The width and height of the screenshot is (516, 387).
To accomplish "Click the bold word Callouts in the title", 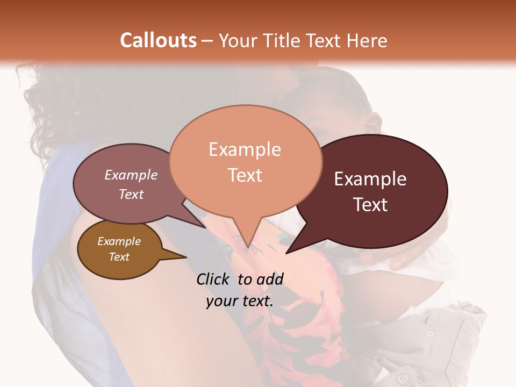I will (x=158, y=40).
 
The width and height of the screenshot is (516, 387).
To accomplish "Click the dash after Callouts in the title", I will (x=207, y=41).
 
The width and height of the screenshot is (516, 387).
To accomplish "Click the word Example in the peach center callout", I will (x=245, y=149).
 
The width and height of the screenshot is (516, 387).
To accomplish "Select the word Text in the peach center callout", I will (x=245, y=175).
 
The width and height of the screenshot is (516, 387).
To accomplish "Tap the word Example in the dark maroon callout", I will (x=370, y=179).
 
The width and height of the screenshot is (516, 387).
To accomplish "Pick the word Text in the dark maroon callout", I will (x=370, y=205).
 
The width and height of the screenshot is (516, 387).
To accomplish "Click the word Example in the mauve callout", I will (x=131, y=175).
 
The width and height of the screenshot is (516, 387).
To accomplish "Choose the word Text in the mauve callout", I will (x=131, y=194).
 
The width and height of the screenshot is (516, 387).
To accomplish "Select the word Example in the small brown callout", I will (x=119, y=241).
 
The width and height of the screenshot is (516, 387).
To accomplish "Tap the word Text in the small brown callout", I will (x=119, y=257).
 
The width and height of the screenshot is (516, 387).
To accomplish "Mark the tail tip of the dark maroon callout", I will (x=286, y=253).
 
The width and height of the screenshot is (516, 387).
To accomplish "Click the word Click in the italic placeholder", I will (x=213, y=279).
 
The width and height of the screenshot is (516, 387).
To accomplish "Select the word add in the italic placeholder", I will (x=271, y=279).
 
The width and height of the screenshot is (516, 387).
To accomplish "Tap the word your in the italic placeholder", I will (x=220, y=301).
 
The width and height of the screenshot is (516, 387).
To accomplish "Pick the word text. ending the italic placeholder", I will (x=256, y=301).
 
